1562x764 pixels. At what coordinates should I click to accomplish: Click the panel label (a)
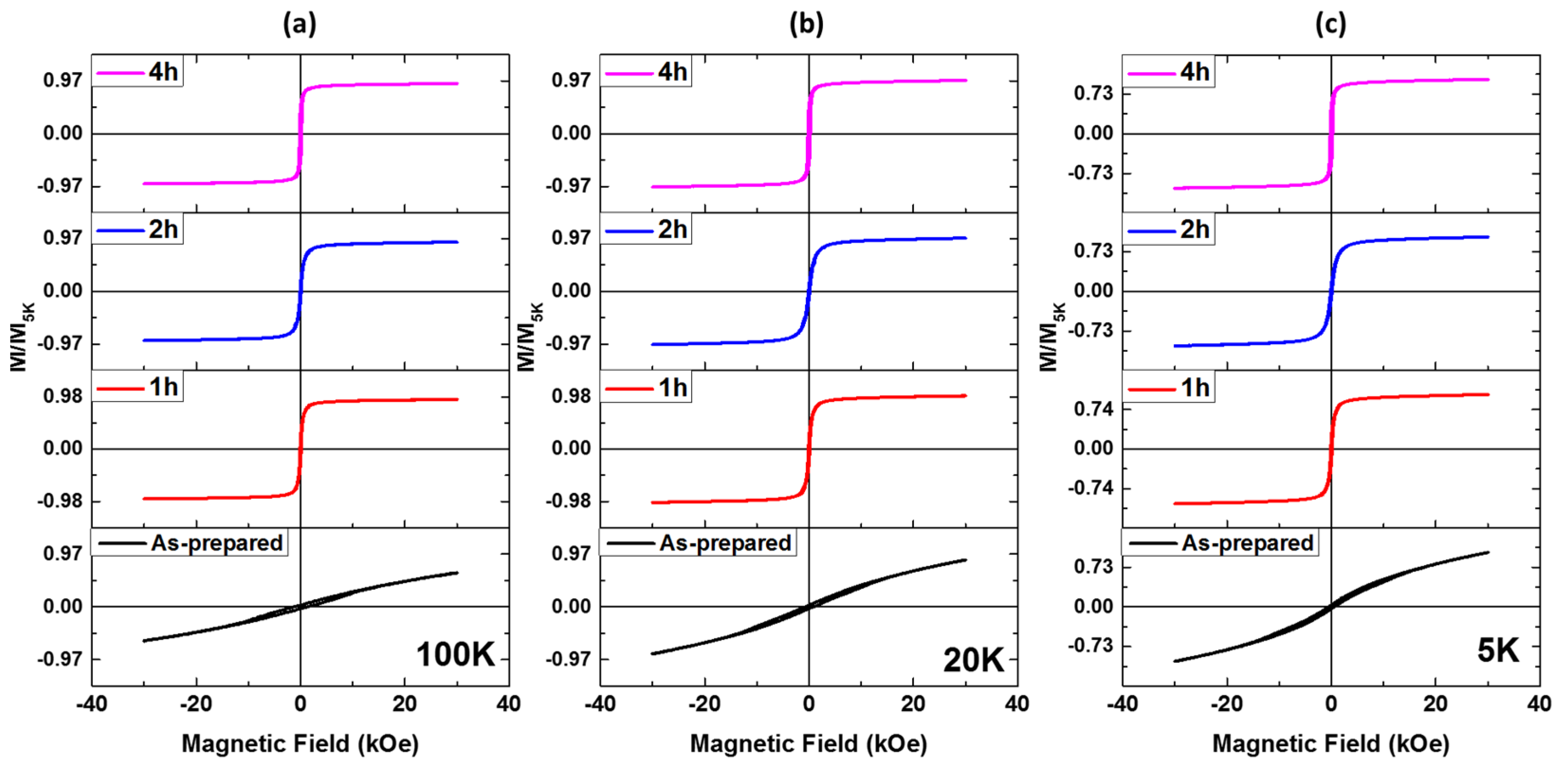[300, 24]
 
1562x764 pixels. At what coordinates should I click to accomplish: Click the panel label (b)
[807, 24]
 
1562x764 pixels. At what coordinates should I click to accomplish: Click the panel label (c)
[1330, 24]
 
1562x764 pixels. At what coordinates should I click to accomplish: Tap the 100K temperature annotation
[456, 655]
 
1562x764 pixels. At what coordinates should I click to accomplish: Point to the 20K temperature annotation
[974, 660]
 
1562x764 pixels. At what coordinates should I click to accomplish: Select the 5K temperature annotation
[1498, 651]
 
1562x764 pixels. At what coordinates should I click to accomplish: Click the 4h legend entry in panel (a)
[137, 72]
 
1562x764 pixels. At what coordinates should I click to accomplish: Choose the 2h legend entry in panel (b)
[647, 230]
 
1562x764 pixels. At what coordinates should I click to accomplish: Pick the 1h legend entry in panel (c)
[1169, 388]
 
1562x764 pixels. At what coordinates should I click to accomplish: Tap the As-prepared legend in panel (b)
[699, 543]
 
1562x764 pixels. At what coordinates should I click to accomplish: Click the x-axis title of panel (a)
[300, 744]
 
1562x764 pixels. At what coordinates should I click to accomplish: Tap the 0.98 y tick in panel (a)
[63, 396]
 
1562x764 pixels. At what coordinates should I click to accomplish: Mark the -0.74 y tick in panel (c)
[1091, 488]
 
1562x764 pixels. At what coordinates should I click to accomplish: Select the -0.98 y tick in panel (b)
[568, 501]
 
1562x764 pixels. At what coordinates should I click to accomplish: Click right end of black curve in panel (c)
[1488, 553]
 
